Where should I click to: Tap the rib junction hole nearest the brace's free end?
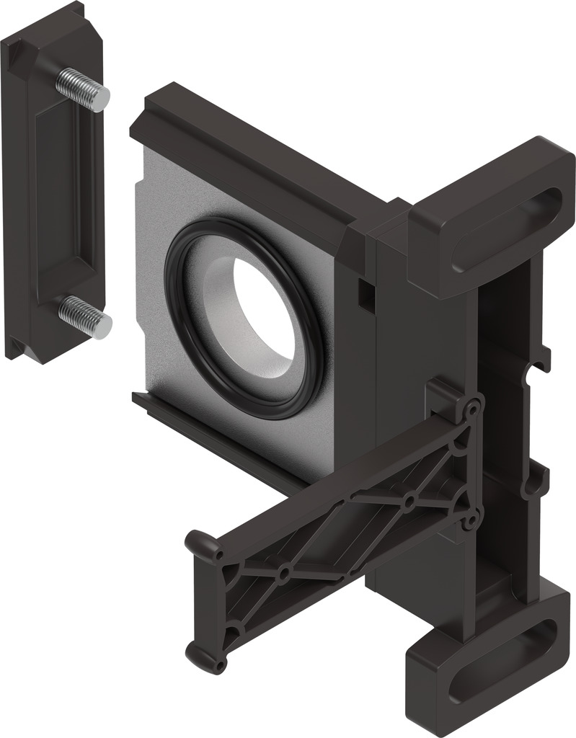pos(284,574)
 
